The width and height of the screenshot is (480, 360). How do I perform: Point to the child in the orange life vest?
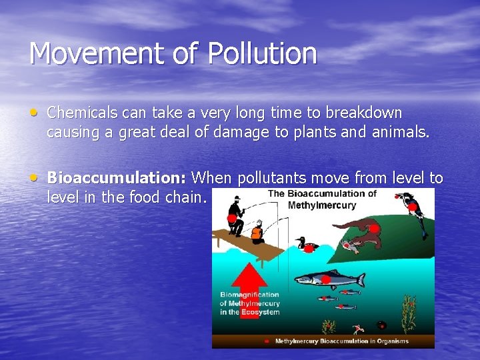point(256,232)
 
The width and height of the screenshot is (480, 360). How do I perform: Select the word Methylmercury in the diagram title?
point(321,205)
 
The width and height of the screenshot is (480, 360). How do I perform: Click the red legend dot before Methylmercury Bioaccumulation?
point(267,341)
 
